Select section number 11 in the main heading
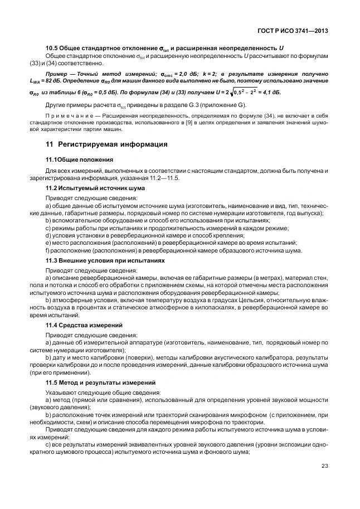pyautogui.click(x=50, y=144)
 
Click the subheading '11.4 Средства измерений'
pyautogui.click(x=84, y=325)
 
